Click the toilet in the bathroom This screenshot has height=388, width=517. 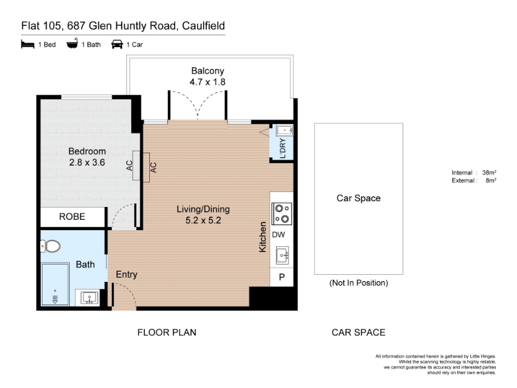(50, 246)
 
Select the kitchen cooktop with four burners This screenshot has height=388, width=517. (282, 213)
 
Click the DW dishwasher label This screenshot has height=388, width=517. (279, 235)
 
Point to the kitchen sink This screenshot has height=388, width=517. (283, 255)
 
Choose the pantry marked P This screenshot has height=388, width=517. (282, 277)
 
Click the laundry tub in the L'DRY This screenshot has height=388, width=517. (285, 131)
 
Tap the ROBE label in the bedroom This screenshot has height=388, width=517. (72, 217)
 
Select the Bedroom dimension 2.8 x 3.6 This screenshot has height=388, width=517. (87, 162)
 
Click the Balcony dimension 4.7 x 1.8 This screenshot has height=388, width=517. (207, 82)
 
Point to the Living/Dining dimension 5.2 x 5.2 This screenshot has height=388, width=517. (203, 221)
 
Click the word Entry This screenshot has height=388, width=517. (126, 274)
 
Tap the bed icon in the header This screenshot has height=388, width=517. (28, 44)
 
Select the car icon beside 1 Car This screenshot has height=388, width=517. (117, 44)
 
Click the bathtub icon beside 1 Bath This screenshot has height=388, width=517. (72, 43)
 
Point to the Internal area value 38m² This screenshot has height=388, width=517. (489, 172)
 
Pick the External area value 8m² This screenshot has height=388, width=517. (491, 180)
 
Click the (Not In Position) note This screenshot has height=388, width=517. (359, 283)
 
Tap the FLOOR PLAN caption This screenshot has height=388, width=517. (167, 332)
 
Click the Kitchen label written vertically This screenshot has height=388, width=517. (262, 237)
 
